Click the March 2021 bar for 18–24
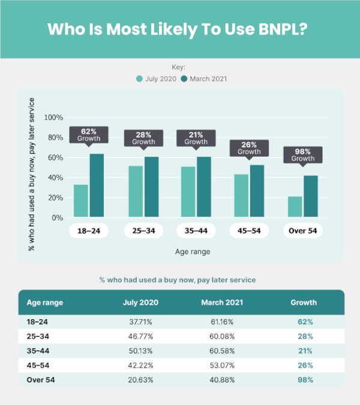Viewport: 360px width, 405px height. point(97,185)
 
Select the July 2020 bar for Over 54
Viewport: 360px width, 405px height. point(295,206)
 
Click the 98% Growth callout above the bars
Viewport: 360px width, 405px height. point(303,155)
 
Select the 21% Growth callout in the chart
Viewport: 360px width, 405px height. point(196,138)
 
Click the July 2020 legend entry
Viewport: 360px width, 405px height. point(156,79)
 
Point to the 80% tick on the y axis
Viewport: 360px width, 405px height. point(54,137)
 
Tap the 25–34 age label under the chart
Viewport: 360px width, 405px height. point(143,230)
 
